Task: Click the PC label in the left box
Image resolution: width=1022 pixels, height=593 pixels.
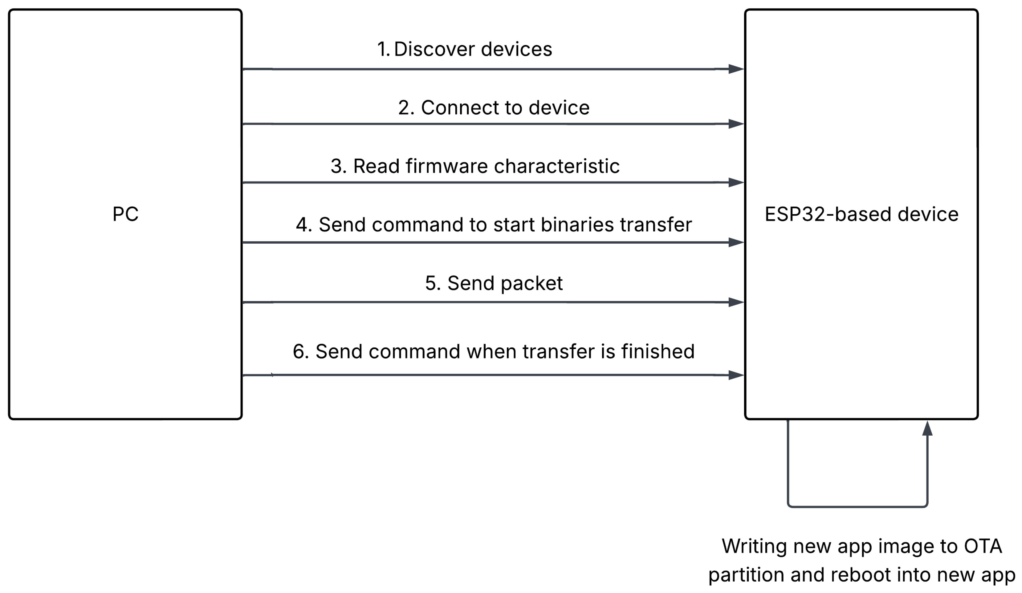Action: click(125, 214)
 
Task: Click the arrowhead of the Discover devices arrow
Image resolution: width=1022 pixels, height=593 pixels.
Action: click(736, 69)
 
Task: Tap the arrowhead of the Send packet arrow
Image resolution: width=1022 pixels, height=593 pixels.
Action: click(736, 302)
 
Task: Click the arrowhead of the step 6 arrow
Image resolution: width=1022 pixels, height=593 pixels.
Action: click(736, 375)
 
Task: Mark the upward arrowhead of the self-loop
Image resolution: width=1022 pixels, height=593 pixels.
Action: click(927, 429)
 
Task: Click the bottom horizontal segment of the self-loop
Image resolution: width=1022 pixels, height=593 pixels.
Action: click(857, 506)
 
